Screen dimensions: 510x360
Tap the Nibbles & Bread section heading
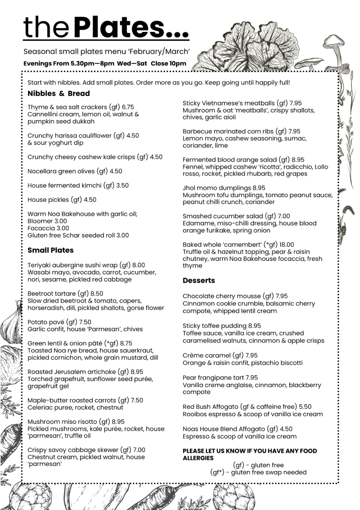(x=59, y=93)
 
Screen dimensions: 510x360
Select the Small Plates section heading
(x=51, y=250)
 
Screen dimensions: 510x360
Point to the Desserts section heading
(x=199, y=281)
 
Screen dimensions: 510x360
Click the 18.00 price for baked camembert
(x=285, y=244)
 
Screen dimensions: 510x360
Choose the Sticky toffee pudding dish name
(x=215, y=326)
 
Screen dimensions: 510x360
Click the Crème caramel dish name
(x=207, y=355)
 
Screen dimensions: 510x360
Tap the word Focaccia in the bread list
(x=41, y=228)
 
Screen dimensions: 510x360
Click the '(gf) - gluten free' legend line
(x=258, y=465)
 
